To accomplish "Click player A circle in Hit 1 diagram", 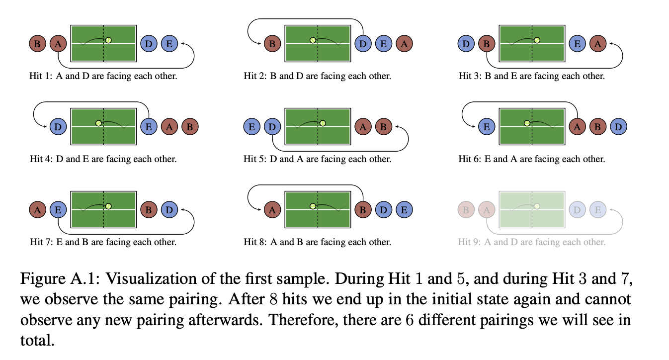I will click(58, 44).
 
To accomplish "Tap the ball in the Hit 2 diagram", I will click(313, 40).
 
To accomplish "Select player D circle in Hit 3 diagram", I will click(466, 44).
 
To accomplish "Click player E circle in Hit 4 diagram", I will click(149, 127).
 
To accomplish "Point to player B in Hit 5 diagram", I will click(383, 127).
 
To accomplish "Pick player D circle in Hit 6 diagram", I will click(618, 127).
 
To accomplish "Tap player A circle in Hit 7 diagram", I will click(37, 210).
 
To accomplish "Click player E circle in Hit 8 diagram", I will click(404, 210).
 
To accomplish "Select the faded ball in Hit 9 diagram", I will click(537, 206).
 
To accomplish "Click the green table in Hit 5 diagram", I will click(318, 127).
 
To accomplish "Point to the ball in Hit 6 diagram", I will click(527, 123).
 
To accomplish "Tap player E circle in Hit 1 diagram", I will click(169, 44).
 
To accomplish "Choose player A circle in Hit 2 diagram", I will click(404, 44).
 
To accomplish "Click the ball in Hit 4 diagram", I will click(98, 123).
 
